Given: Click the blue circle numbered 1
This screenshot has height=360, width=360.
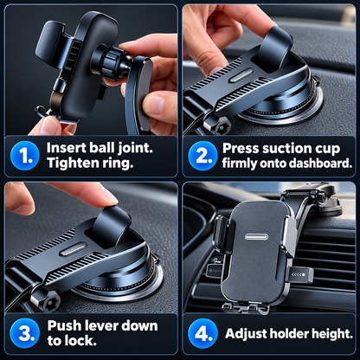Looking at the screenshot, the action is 25,156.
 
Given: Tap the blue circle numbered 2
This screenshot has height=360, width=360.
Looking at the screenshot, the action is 202,156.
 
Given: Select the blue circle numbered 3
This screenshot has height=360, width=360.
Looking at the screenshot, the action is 25,333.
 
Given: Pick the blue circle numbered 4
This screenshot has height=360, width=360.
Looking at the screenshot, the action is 202,333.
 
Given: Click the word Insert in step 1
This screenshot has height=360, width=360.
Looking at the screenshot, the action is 66,148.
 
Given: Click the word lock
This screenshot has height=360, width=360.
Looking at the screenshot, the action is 83,341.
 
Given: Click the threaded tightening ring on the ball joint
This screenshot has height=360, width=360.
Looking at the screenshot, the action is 112,63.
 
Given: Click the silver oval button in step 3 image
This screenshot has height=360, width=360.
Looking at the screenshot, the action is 74,249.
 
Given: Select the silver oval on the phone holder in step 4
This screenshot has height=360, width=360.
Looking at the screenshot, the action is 256,237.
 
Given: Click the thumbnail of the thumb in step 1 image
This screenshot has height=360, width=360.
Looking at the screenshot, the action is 155,105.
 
